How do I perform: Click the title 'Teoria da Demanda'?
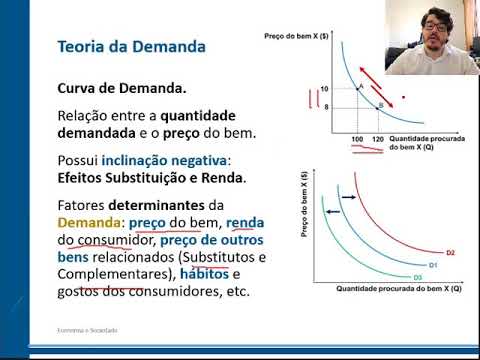[x=132, y=46]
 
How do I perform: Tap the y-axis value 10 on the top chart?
[x=325, y=89]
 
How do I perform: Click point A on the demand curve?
[x=360, y=87]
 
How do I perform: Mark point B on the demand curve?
[x=380, y=104]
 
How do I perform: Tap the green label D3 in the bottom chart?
[x=418, y=276]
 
